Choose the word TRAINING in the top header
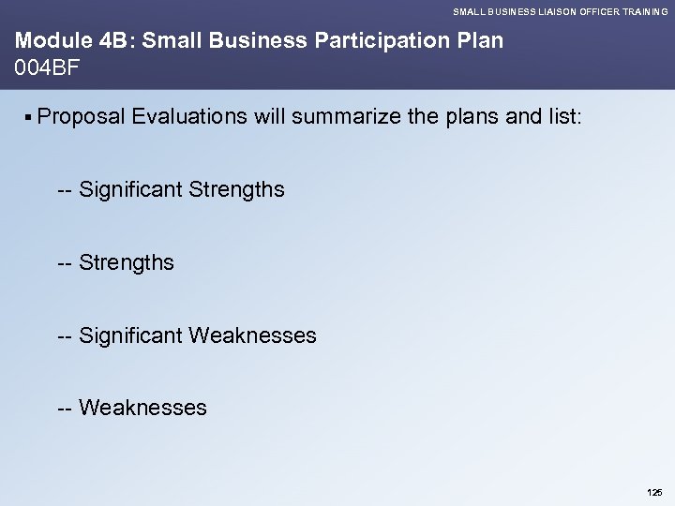(642, 11)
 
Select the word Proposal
(82, 116)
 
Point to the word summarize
(339, 116)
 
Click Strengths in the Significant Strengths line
(236, 190)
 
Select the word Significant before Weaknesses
(130, 335)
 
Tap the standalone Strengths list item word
(127, 262)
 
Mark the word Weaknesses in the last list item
(143, 408)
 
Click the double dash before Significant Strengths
(66, 190)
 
